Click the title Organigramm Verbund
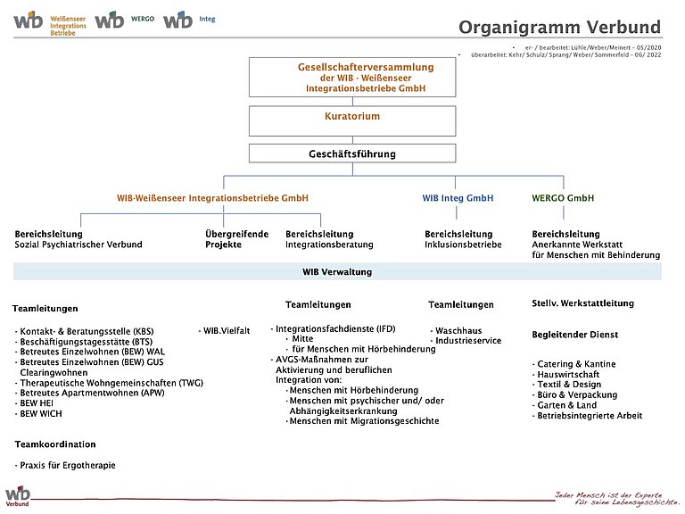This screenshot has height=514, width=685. [559, 27]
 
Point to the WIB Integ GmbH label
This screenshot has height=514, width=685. [458, 198]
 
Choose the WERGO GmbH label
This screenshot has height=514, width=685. [563, 198]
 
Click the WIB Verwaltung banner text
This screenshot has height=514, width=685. [337, 272]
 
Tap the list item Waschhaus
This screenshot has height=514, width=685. [458, 330]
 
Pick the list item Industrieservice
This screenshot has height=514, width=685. [467, 341]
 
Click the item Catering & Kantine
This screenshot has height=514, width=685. [577, 364]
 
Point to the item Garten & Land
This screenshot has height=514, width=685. [567, 405]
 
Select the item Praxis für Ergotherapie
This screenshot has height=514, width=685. [66, 466]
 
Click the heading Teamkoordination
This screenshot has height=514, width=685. [55, 444]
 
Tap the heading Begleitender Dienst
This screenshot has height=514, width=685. [574, 335]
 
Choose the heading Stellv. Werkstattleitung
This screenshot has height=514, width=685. [582, 303]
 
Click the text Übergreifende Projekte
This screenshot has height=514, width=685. [236, 239]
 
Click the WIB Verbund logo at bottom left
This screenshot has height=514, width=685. [18, 496]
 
